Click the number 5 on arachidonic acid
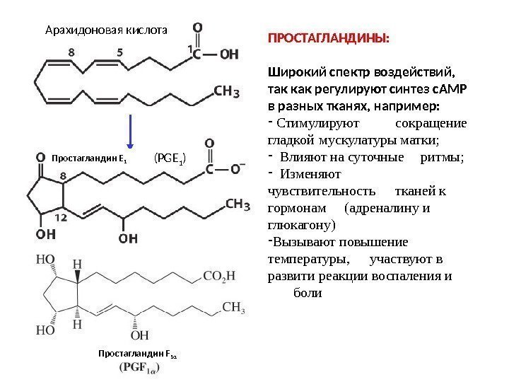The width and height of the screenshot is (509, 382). (x=119, y=52)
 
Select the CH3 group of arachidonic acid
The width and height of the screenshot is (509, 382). (x=226, y=91)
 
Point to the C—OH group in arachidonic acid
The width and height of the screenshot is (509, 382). (x=216, y=53)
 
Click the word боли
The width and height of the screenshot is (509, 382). (x=307, y=292)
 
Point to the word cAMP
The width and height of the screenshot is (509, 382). (x=452, y=89)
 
